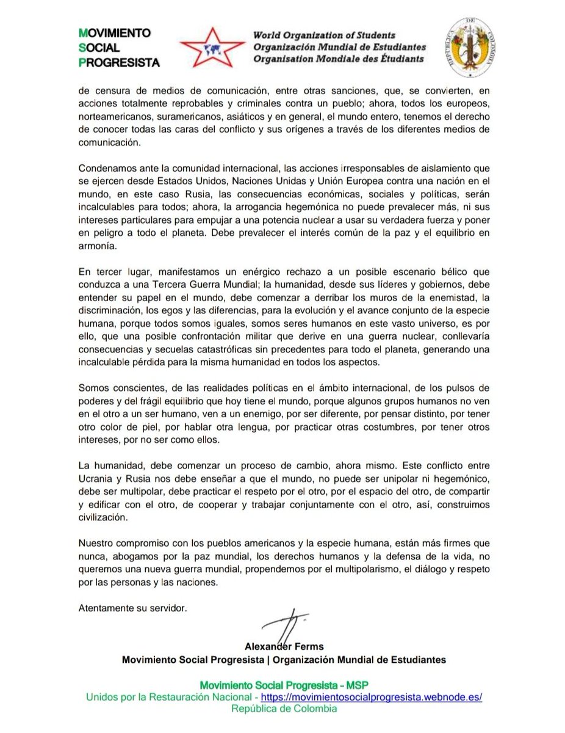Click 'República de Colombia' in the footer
click(x=283, y=709)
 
